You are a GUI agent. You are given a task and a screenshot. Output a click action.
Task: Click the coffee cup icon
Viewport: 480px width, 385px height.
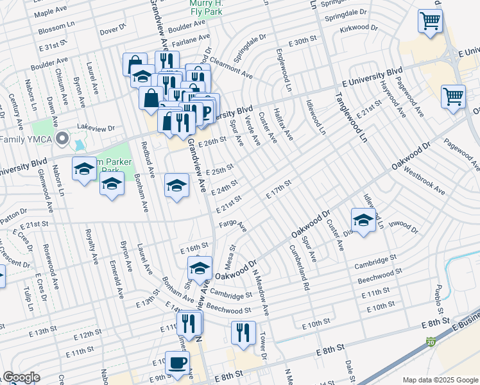click(x=177, y=363)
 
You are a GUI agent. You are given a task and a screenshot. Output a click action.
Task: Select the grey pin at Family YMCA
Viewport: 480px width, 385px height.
click(x=62, y=138)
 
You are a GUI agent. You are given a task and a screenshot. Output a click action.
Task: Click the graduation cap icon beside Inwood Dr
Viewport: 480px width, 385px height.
click(x=363, y=220)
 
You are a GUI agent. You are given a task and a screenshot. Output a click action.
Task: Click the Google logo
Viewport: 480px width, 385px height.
click(x=21, y=377)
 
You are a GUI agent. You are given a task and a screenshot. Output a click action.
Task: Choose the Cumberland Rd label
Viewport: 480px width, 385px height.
click(x=299, y=268)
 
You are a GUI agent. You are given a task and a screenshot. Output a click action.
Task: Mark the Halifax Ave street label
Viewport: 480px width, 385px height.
click(x=284, y=125)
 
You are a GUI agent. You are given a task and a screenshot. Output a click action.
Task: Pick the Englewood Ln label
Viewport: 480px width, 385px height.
click(x=283, y=70)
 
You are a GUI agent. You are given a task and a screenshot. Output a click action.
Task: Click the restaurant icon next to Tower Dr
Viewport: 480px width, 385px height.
click(x=243, y=332)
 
